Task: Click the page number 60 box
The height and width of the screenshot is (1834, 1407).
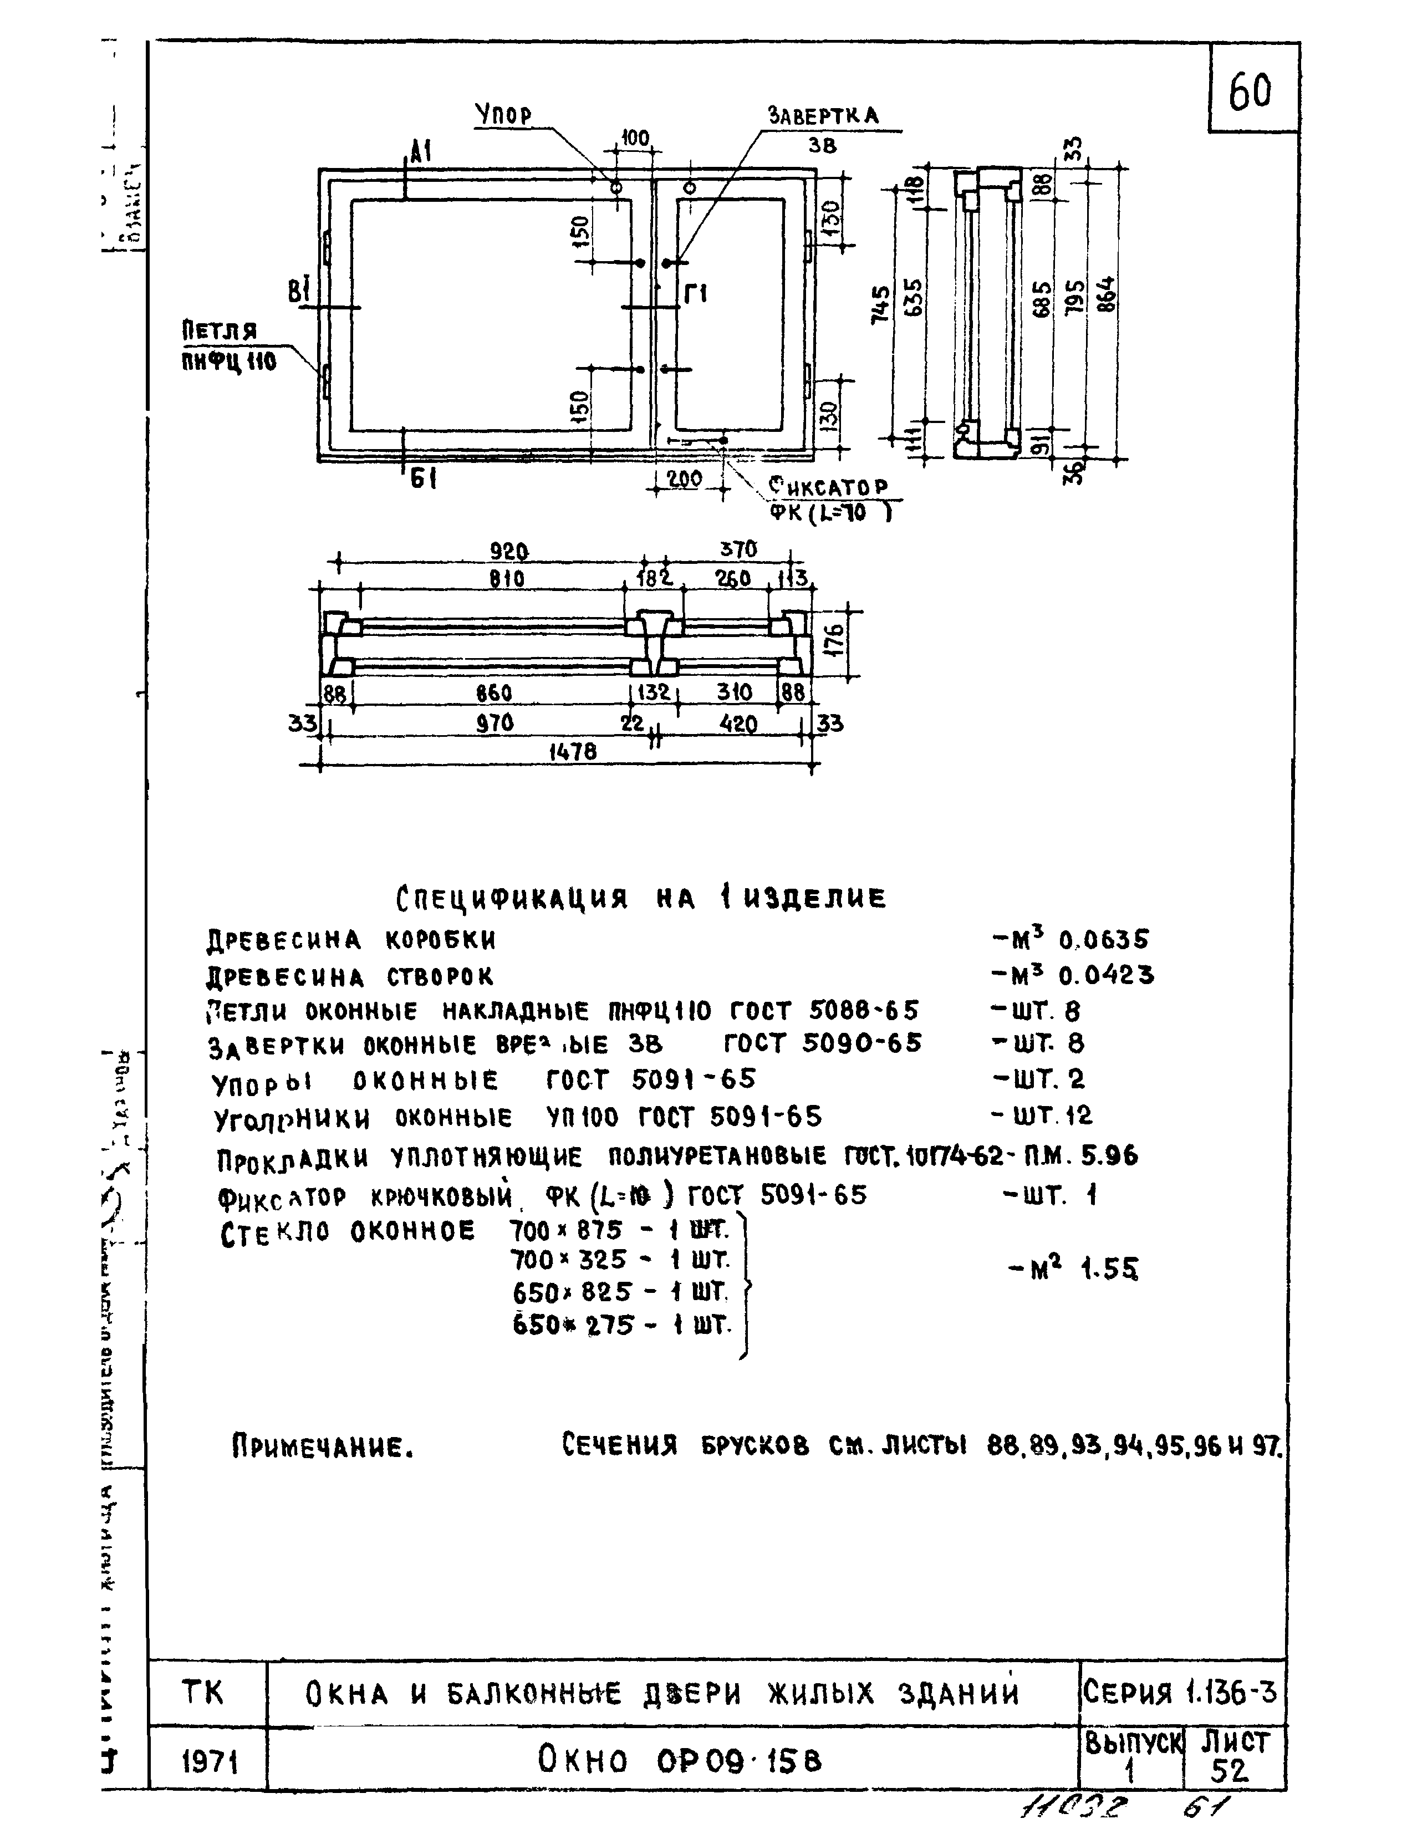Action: point(1251,90)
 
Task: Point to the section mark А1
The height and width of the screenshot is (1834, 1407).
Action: point(420,151)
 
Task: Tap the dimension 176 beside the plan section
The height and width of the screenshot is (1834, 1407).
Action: point(838,639)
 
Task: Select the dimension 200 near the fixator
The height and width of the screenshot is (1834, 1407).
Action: point(685,479)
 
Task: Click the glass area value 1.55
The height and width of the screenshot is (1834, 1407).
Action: point(1110,1270)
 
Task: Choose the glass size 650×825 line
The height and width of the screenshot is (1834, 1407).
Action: point(620,1293)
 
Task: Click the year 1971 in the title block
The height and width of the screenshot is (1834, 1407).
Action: point(210,1763)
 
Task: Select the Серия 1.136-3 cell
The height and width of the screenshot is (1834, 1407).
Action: point(1181,1693)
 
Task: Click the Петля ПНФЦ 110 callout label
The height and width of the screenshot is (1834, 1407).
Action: point(228,346)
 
